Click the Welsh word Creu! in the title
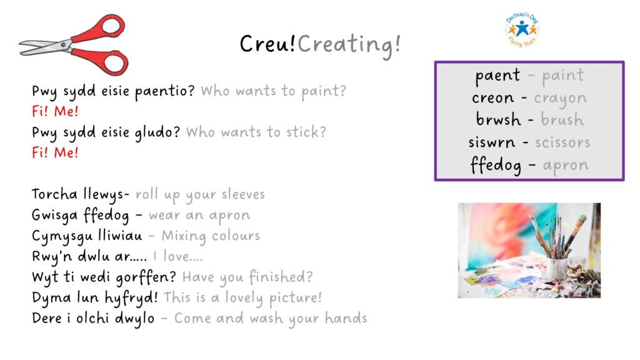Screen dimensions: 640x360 tap(267, 43)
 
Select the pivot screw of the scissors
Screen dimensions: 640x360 tap(64, 44)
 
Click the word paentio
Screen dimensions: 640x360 tap(165, 91)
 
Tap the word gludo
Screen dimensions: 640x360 tap(157, 132)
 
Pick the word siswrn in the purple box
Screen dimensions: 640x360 tap(492, 142)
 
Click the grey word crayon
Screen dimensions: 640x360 tap(561, 99)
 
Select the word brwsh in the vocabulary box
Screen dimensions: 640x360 tap(498, 119)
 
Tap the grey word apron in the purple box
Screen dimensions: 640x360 tap(566, 166)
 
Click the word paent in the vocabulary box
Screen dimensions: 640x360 tap(497, 76)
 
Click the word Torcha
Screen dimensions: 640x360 tap(54, 194)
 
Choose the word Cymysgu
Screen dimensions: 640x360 tap(62, 236)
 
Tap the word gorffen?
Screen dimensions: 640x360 tap(146, 277)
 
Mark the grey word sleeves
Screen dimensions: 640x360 tap(243, 194)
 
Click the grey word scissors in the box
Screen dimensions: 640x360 tap(562, 142)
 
